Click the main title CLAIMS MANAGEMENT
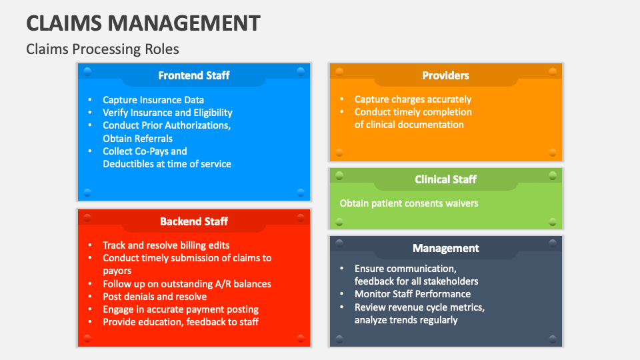143,23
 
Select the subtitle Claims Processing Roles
102,49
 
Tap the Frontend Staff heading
193,75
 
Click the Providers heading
445,75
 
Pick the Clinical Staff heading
445,179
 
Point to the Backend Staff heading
193,221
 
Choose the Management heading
445,248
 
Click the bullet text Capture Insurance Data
153,100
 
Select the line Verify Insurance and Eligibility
167,113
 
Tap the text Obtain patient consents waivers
409,203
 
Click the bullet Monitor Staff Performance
412,294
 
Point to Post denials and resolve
155,297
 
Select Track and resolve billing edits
166,245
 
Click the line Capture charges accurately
413,99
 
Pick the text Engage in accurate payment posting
180,309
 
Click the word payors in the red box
117,271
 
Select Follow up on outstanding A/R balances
187,284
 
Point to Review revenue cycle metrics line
419,307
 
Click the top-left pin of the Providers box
339,71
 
